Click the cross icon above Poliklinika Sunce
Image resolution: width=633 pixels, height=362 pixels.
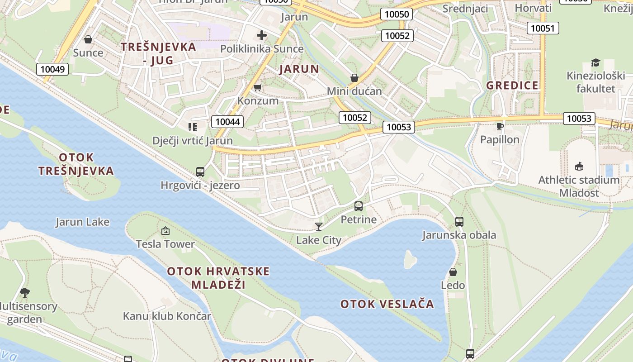(x=261, y=35)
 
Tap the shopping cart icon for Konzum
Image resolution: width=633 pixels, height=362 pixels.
(x=257, y=87)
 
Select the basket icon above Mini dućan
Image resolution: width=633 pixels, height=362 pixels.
(x=354, y=78)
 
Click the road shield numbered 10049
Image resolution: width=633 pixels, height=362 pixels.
(x=52, y=69)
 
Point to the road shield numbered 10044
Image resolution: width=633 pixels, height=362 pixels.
(x=227, y=121)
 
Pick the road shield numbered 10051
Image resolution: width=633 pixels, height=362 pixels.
(x=543, y=28)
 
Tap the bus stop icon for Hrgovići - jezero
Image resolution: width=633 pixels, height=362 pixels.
(x=200, y=172)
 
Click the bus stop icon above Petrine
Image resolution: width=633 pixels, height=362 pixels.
(x=359, y=206)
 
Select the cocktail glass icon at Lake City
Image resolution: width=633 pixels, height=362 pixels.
(x=319, y=227)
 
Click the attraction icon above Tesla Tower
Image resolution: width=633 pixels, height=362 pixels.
(x=165, y=231)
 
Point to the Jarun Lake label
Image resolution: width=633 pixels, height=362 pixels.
(x=82, y=222)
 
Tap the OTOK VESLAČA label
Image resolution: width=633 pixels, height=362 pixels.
(x=387, y=304)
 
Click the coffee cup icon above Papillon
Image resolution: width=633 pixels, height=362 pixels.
(x=500, y=126)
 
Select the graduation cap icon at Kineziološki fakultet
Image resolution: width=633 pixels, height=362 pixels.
(x=595, y=63)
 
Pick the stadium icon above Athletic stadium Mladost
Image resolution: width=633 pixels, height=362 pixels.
(x=579, y=167)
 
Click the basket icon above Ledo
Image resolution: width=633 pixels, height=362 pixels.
(x=453, y=272)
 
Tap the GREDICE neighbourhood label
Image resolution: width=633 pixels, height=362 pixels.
(x=512, y=86)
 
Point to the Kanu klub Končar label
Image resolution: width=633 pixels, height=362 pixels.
(x=167, y=316)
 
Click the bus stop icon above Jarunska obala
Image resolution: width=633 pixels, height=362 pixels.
(x=459, y=222)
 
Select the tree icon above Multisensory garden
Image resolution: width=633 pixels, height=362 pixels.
(x=25, y=293)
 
